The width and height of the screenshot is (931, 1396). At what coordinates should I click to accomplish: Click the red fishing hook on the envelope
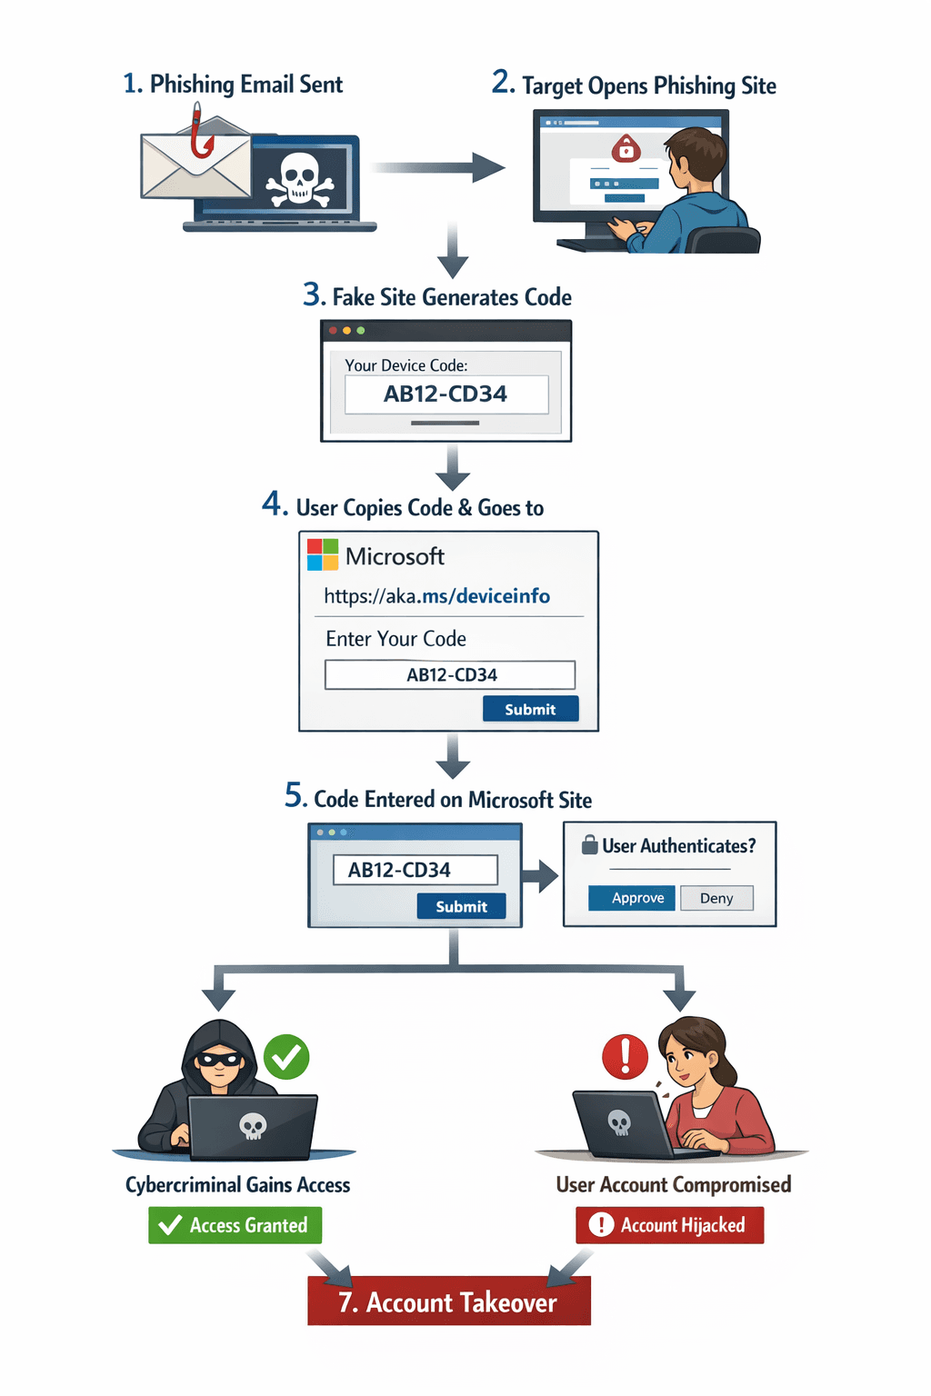click(x=201, y=136)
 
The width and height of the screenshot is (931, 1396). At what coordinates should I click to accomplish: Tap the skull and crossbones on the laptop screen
click(x=299, y=179)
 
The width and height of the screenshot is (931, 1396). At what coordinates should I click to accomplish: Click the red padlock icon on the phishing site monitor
click(x=626, y=147)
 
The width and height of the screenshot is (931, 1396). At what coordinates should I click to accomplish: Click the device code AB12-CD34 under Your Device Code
click(x=445, y=394)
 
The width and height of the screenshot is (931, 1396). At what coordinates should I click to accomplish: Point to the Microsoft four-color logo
click(x=323, y=554)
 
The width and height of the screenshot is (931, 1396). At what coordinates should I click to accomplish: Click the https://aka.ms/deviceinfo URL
click(x=436, y=596)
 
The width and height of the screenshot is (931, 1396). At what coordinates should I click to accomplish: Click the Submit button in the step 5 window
click(x=461, y=906)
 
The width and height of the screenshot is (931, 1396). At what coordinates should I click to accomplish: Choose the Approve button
click(x=637, y=898)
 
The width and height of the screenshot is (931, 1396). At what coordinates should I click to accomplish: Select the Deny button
click(x=716, y=898)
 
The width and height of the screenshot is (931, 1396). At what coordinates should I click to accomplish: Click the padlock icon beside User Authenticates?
click(x=590, y=844)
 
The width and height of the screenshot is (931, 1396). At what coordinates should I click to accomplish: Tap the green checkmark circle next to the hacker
click(x=286, y=1057)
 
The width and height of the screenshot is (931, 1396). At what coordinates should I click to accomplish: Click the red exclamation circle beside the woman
click(x=626, y=1056)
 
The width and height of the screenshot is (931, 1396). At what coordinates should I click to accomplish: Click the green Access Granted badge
click(x=235, y=1225)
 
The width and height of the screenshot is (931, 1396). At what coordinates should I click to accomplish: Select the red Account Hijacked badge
click(x=670, y=1225)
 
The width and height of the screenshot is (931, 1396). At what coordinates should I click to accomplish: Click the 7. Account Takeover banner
click(x=448, y=1301)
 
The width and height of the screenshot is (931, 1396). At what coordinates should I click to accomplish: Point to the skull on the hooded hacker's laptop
click(x=253, y=1127)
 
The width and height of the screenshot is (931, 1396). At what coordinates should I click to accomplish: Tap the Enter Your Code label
click(x=395, y=639)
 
